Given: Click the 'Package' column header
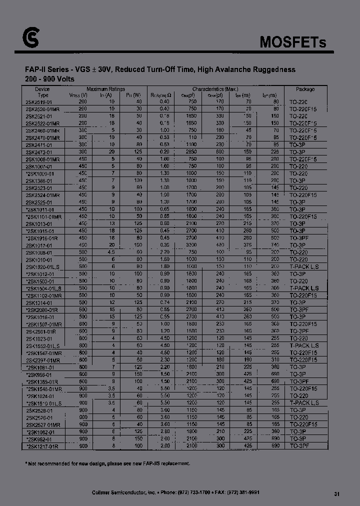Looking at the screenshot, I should (305, 89).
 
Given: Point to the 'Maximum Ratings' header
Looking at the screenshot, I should (105, 88).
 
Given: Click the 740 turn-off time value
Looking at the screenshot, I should (274, 245).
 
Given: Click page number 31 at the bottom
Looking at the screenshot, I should (336, 493).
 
